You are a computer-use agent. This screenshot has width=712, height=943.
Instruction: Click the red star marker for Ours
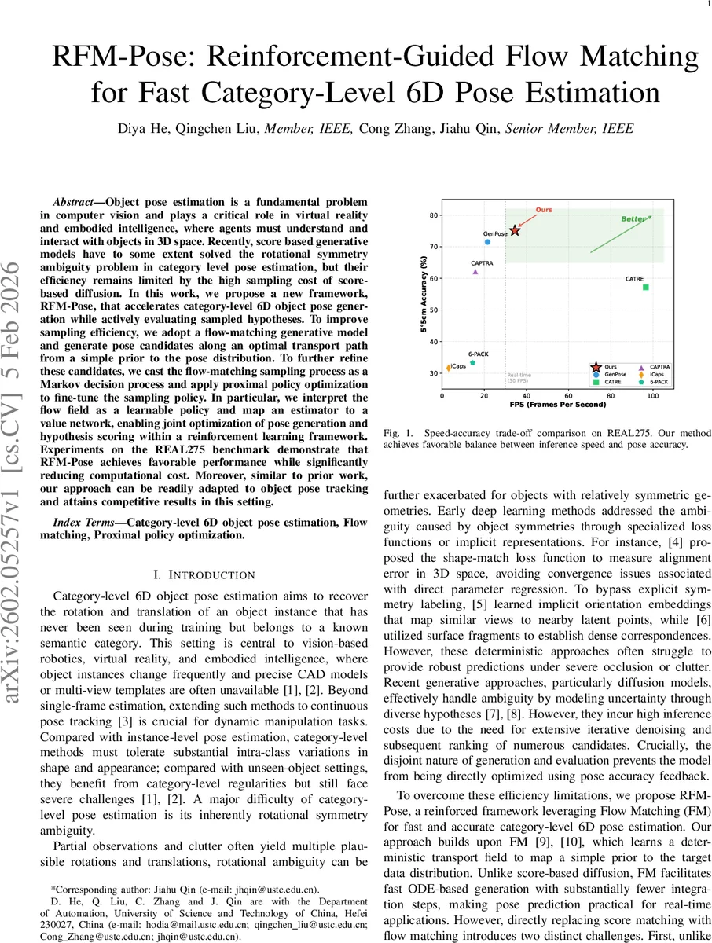pyautogui.click(x=515, y=230)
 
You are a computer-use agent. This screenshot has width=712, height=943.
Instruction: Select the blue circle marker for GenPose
pyautogui.click(x=487, y=242)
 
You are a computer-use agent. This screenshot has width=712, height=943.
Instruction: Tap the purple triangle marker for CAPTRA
pyautogui.click(x=475, y=272)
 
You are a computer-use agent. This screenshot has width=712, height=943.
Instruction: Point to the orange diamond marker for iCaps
pyautogui.click(x=448, y=368)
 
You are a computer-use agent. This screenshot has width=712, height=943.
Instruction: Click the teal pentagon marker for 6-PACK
pyautogui.click(x=472, y=363)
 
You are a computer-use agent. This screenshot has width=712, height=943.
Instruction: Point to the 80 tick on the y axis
pyautogui.click(x=434, y=215)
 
